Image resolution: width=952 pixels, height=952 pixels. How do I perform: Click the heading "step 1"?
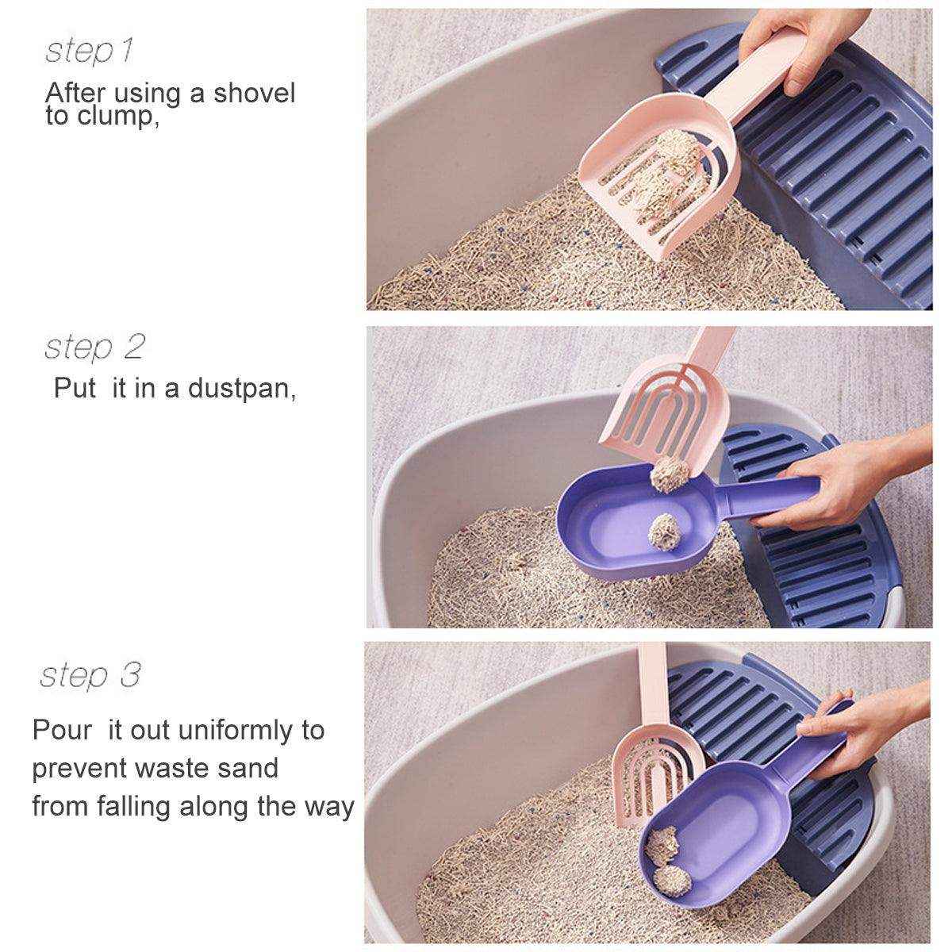(89, 51)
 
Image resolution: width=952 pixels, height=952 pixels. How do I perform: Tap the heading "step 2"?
(94, 347)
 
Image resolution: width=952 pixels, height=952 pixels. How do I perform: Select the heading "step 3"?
(90, 676)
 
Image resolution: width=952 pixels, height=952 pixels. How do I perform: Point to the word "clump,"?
(114, 117)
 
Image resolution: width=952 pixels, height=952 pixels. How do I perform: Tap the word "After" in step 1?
(75, 93)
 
